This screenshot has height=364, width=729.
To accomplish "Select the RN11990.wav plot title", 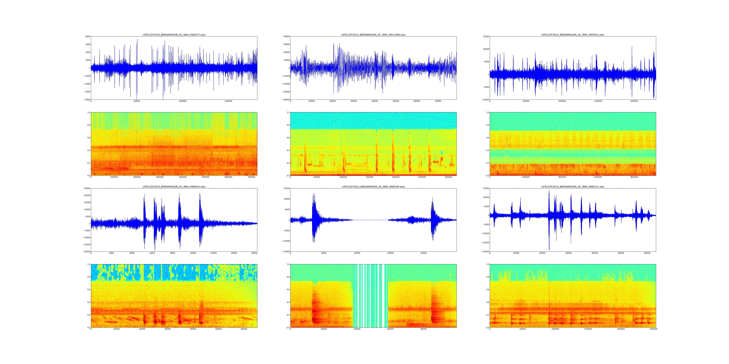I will point(373,35).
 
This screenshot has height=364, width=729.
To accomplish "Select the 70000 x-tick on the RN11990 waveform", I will point(438,101).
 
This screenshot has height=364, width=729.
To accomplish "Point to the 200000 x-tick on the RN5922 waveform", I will point(634,101).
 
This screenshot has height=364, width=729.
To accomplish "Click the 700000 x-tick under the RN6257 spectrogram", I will point(251,177).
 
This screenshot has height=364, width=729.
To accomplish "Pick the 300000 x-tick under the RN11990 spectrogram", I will point(448,177).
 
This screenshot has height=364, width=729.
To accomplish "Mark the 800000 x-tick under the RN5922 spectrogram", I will point(634,177).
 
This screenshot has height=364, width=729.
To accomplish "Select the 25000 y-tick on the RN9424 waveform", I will point(86,189).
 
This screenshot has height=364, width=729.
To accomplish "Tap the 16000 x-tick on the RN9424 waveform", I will point(254,253).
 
